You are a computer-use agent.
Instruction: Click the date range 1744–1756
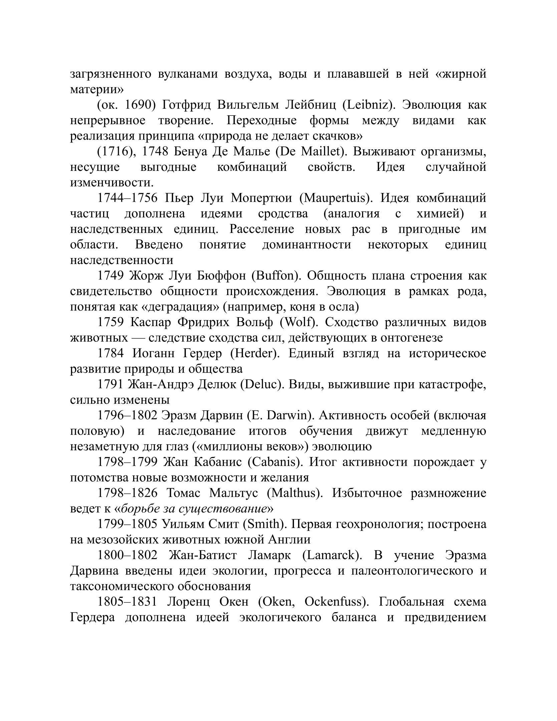click(x=127, y=198)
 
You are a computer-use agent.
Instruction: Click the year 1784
click(x=111, y=353)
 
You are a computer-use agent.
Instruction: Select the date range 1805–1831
click(x=127, y=602)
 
